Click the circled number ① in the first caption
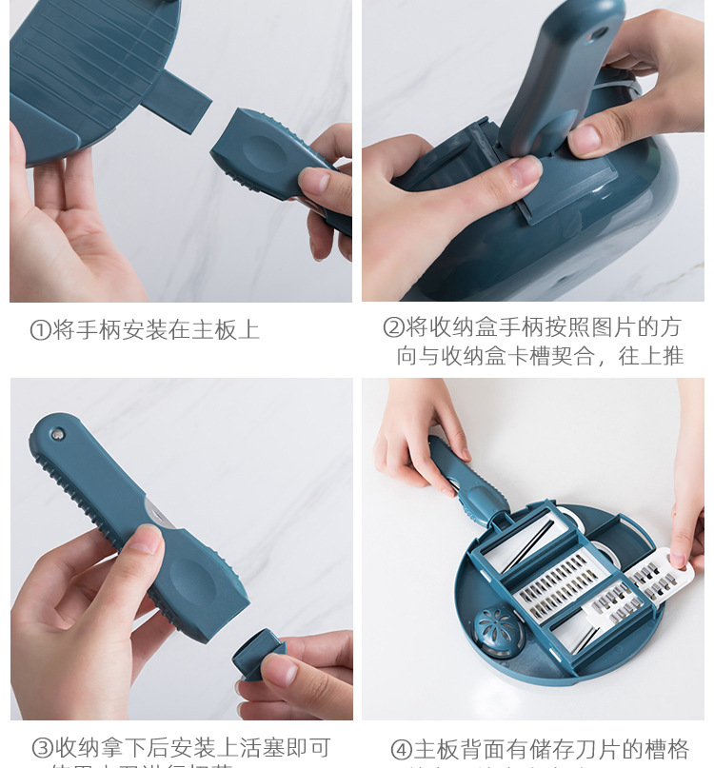(40, 330)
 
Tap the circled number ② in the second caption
(393, 328)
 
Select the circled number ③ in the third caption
(42, 748)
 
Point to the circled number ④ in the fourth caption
(401, 750)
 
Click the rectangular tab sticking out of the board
(177, 99)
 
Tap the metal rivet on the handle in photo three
(58, 434)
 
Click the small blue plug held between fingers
(257, 659)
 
